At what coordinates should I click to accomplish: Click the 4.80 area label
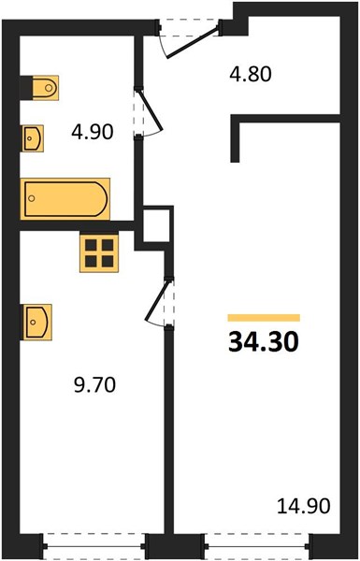click(251, 75)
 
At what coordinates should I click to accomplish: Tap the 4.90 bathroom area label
click(93, 132)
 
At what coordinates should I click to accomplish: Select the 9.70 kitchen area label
click(94, 385)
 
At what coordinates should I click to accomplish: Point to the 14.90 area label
click(304, 506)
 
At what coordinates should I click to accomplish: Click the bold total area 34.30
click(264, 341)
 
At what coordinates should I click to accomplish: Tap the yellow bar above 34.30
click(264, 318)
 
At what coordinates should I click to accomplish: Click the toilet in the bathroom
click(45, 88)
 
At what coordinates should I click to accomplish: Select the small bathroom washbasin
click(32, 138)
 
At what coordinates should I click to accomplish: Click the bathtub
click(65, 198)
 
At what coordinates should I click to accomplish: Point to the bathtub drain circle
click(32, 198)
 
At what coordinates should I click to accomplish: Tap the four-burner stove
click(99, 253)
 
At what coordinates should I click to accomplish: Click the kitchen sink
click(36, 322)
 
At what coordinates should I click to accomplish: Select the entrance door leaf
click(193, 44)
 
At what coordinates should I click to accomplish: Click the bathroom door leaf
click(151, 111)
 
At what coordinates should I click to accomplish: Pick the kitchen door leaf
click(156, 301)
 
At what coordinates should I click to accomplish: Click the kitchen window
click(94, 546)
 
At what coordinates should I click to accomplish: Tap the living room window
click(257, 546)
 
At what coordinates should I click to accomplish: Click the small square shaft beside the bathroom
click(156, 225)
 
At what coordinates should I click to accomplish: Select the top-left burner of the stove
click(91, 245)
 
